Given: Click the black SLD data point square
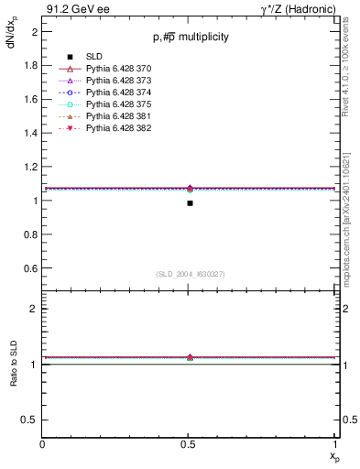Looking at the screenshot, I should tap(190, 203).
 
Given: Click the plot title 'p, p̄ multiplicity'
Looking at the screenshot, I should tap(191, 37).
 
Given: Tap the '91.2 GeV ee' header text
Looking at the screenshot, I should tap(72, 8).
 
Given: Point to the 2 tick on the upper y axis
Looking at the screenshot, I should tap(36, 31).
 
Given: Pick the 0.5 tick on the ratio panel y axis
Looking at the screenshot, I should tap(33, 420).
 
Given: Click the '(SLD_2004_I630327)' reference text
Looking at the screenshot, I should tap(190, 274).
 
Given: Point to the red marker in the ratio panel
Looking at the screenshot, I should tap(190, 357).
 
